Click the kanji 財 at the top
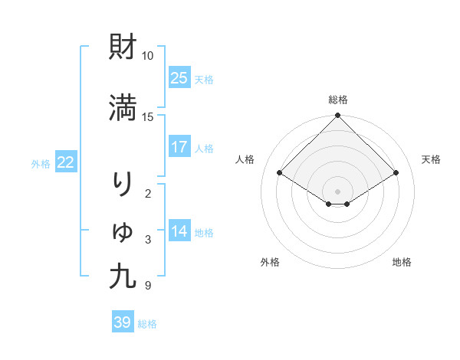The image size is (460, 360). (x=123, y=47)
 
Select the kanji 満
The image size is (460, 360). (x=123, y=108)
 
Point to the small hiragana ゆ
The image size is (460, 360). (x=123, y=231)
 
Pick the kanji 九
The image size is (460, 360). (x=123, y=277)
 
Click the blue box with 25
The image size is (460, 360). (x=179, y=78)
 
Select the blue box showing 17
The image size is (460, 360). (x=179, y=147)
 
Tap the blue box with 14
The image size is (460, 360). (x=179, y=231)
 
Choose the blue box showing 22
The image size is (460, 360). (x=66, y=162)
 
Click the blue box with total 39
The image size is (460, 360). (x=122, y=322)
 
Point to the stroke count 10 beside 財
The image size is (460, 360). (x=147, y=56)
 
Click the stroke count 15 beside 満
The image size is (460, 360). (x=147, y=116)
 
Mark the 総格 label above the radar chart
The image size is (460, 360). (x=338, y=100)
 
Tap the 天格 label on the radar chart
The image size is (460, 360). (x=432, y=159)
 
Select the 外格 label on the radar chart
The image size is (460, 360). (x=270, y=263)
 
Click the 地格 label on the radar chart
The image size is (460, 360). (x=402, y=263)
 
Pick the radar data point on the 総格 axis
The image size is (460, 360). (x=338, y=116)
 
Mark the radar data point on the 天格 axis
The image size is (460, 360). (x=396, y=173)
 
